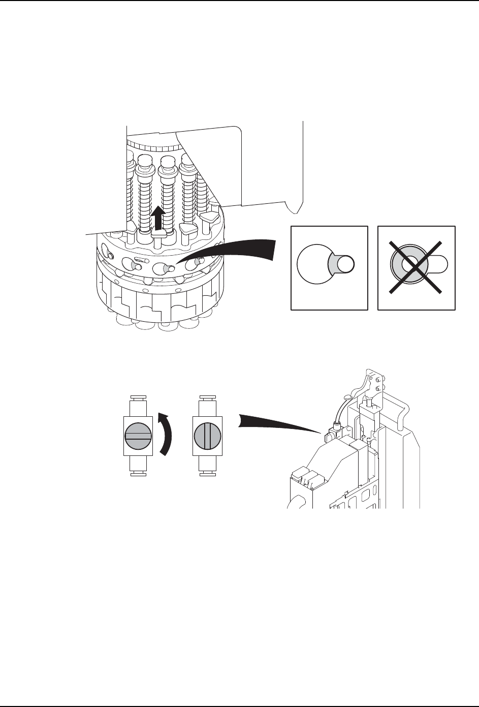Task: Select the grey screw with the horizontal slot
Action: [x=138, y=435]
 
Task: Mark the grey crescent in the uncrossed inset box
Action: [x=333, y=264]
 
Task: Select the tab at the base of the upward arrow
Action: [x=159, y=234]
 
